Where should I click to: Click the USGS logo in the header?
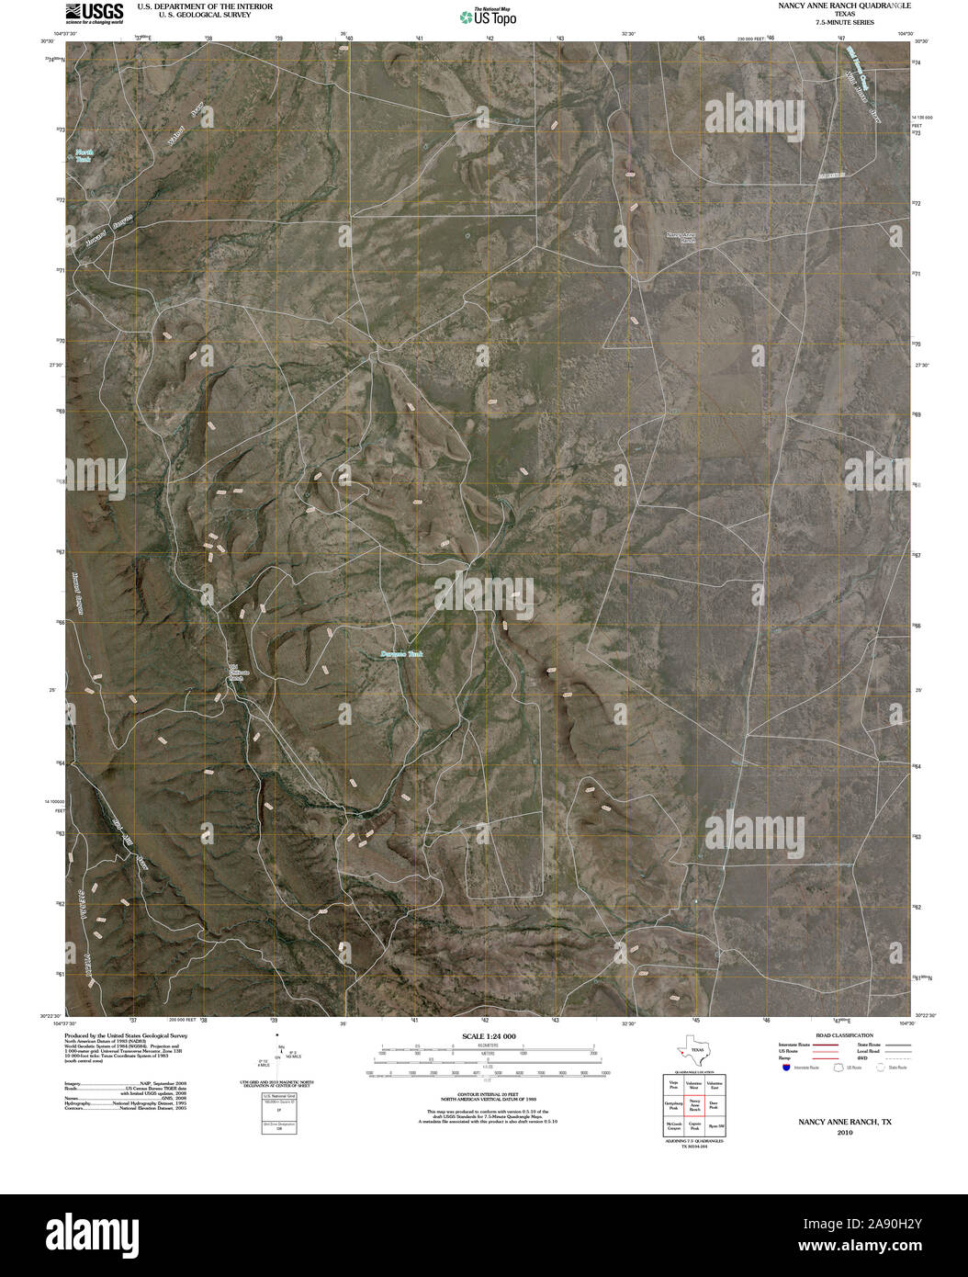[x=94, y=12]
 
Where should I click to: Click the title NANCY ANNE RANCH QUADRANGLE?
[x=843, y=6]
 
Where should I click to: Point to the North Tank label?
[x=84, y=155]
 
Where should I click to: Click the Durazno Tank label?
[x=401, y=655]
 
